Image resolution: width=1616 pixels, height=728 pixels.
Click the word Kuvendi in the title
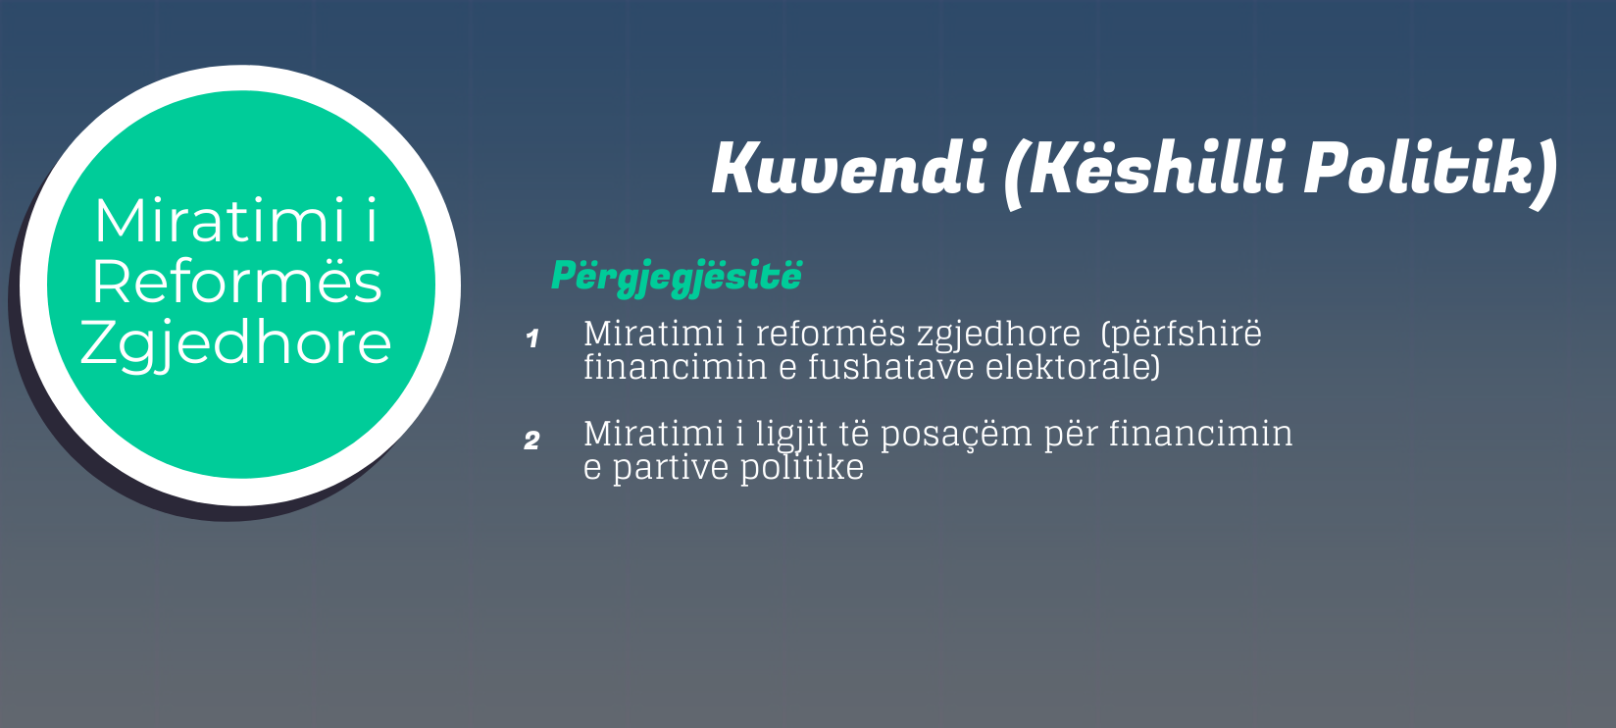[849, 168]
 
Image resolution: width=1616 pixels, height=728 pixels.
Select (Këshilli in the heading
[1146, 172]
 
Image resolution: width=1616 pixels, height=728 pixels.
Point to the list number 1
[532, 338]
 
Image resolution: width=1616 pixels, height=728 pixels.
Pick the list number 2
[531, 441]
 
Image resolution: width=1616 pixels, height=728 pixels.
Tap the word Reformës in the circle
[236, 282]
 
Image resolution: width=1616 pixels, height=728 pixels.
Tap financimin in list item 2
[1200, 434]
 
